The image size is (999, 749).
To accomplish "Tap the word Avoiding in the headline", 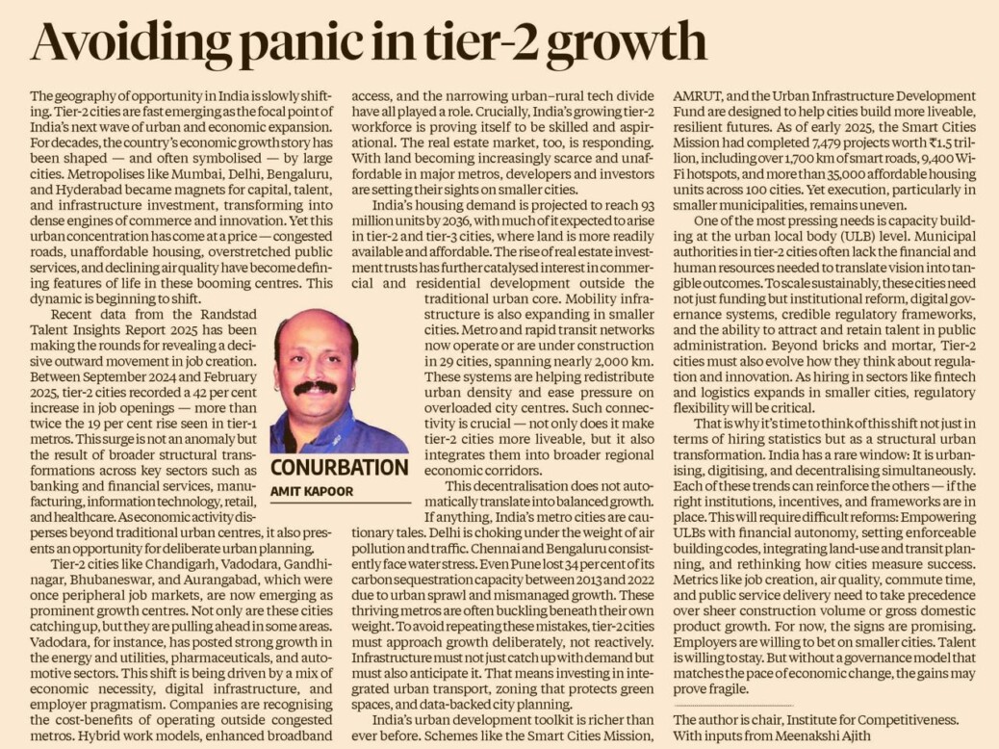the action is pyautogui.click(x=132, y=43).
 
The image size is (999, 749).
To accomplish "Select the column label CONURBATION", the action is pyautogui.click(x=340, y=467).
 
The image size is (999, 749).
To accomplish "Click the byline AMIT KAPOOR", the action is pyautogui.click(x=312, y=492).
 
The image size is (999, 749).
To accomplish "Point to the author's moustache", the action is pyautogui.click(x=316, y=387).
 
